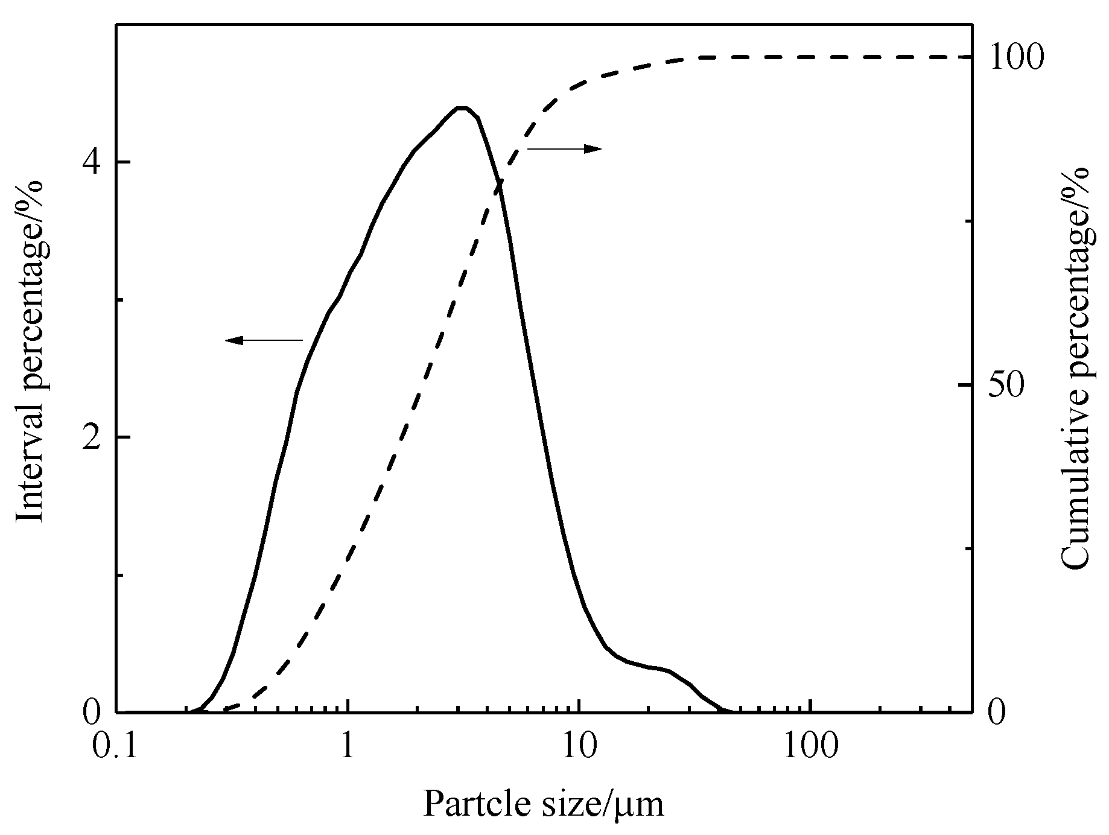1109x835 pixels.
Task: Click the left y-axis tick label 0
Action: click(x=92, y=713)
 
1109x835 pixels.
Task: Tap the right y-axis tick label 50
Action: click(x=1005, y=386)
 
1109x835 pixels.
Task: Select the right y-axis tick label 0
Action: click(x=996, y=713)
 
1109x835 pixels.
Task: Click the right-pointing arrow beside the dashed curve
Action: click(x=565, y=148)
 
